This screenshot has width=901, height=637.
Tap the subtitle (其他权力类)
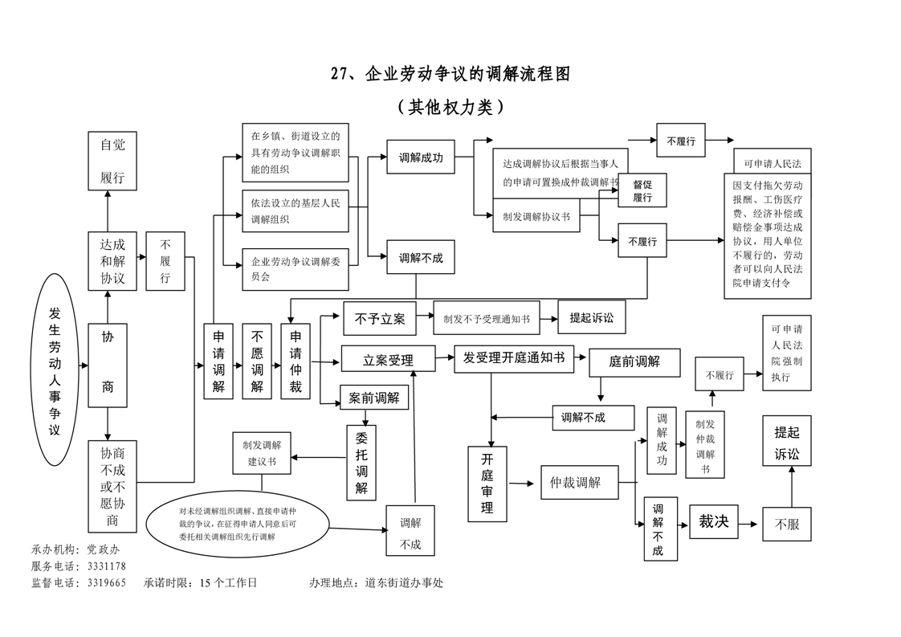click(450, 107)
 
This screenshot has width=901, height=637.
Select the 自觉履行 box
click(112, 161)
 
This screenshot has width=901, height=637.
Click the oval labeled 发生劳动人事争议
click(55, 370)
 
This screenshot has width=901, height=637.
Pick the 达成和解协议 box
click(112, 261)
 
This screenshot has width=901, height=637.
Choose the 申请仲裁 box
click(296, 361)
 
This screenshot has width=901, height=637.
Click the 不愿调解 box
click(257, 361)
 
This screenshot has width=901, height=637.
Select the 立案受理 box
click(388, 359)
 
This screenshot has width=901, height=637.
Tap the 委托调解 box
click(361, 462)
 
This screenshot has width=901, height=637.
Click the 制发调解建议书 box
click(262, 452)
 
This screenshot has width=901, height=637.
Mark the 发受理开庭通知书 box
click(514, 357)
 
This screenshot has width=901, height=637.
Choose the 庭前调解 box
click(634, 361)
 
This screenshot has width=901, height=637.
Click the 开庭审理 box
click(487, 484)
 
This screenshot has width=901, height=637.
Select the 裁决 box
click(713, 522)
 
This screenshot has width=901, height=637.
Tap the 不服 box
click(787, 525)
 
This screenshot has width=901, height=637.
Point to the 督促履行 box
click(642, 191)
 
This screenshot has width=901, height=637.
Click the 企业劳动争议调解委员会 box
click(296, 269)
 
